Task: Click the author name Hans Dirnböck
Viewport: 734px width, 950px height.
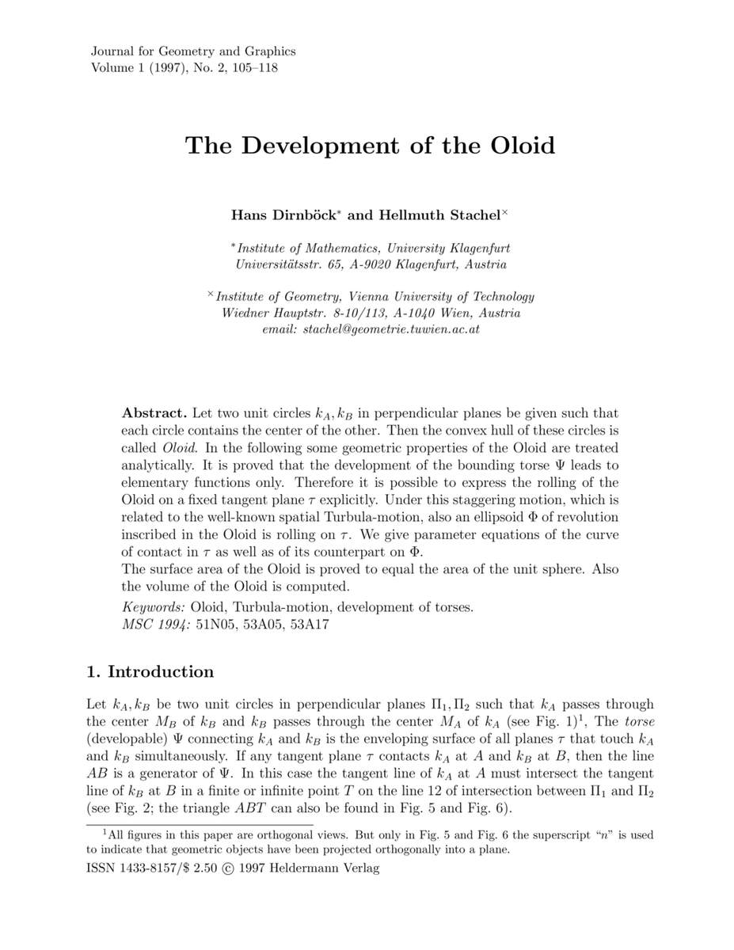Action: coord(276,215)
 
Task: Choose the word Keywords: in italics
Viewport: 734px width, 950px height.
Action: coord(153,607)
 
